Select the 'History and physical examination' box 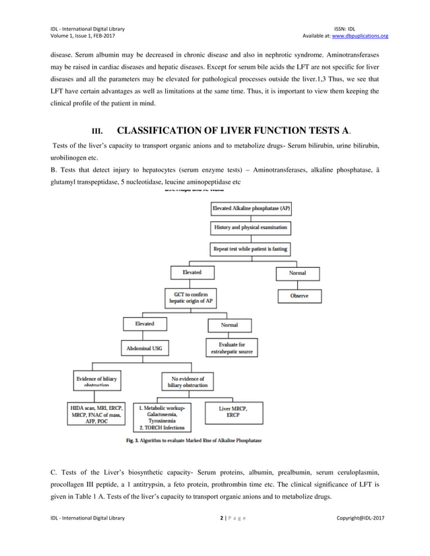pos(251,229)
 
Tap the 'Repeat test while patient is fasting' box pos(251,249)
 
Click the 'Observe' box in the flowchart pos(300,296)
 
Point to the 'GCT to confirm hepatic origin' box pos(191,297)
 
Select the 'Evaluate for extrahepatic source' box pos(230,348)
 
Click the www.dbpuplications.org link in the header pos(365,36)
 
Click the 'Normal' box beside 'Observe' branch pos(297,273)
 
